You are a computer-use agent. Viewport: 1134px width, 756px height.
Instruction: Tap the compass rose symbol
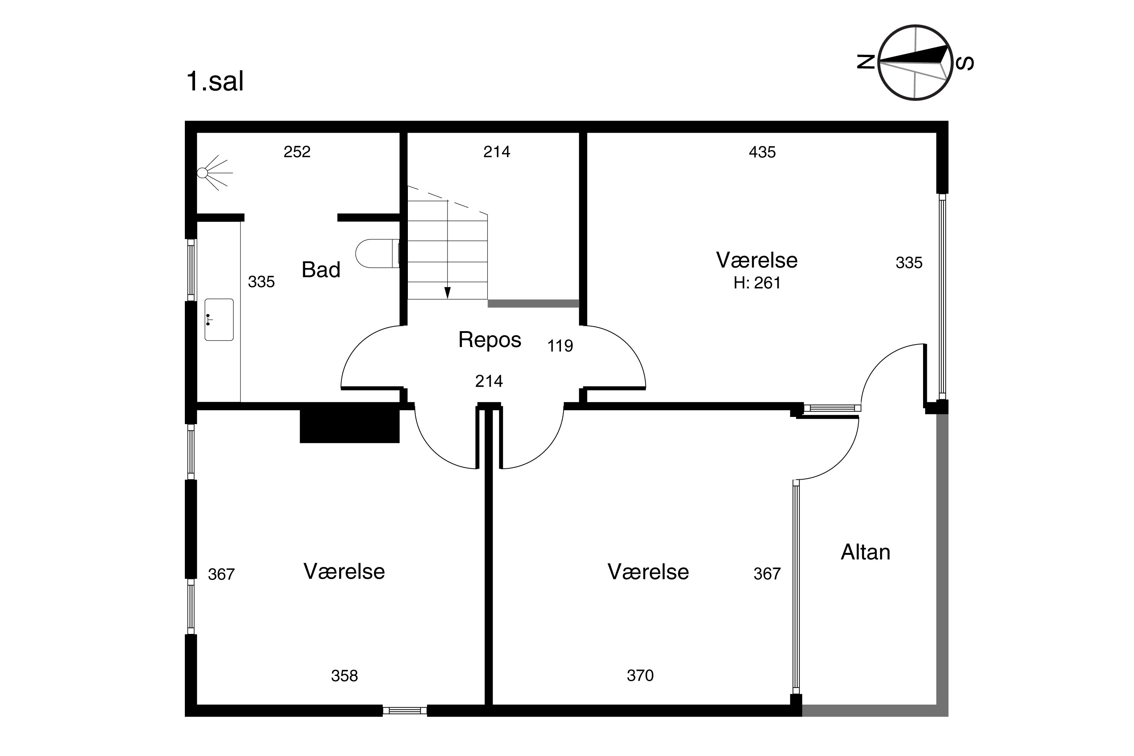tap(915, 63)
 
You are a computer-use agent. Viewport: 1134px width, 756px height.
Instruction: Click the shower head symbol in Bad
tap(215, 173)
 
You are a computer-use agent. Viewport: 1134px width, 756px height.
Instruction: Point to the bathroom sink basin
tap(219, 320)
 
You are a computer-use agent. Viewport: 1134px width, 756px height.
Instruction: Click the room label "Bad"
tap(321, 270)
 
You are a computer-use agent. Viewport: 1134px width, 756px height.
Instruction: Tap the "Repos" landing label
tap(490, 340)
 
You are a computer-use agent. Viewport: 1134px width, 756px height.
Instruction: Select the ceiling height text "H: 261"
tap(757, 283)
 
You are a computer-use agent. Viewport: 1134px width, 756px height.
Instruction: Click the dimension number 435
tap(762, 152)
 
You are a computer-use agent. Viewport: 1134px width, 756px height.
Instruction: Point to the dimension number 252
tap(297, 152)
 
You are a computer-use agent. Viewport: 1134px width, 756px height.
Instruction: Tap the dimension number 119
tap(560, 346)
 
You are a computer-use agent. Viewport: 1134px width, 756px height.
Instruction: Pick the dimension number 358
tap(344, 676)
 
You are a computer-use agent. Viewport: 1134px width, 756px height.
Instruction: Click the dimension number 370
tap(640, 675)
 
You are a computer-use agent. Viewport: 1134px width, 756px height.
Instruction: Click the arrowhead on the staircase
tap(448, 293)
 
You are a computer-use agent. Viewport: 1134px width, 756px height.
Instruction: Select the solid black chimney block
tap(350, 426)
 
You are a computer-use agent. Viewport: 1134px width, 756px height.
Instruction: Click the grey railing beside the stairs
tap(533, 303)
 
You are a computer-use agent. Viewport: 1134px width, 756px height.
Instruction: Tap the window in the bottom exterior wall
tap(405, 710)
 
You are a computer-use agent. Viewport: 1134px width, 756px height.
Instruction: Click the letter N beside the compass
tap(866, 62)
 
